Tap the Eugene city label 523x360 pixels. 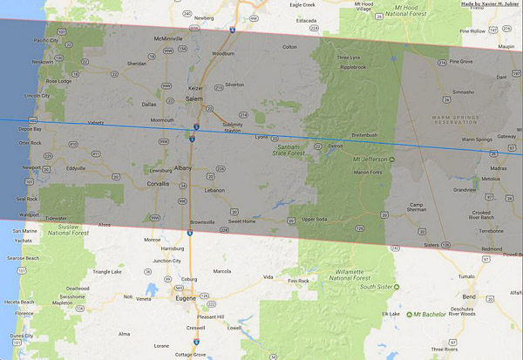coord(185,297)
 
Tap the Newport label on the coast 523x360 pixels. coord(31,168)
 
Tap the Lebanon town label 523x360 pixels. coord(215,189)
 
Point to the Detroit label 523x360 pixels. coord(336,146)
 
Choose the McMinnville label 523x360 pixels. coord(167,39)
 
